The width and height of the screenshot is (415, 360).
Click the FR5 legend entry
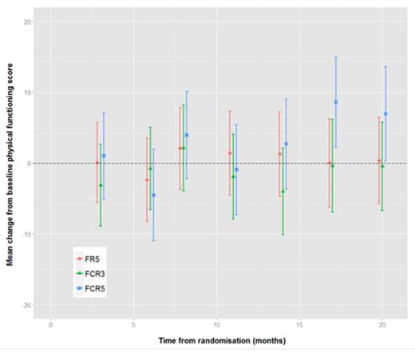[90, 259]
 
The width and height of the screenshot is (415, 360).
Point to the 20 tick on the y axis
[27, 22]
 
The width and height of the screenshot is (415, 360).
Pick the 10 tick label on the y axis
[27, 93]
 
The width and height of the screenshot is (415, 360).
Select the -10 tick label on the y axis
[26, 235]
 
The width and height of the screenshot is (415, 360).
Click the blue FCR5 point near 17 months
[336, 102]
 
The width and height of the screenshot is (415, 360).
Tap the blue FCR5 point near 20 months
[385, 113]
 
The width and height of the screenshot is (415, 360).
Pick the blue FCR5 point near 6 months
[153, 195]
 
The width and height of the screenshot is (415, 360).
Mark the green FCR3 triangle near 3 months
[101, 185]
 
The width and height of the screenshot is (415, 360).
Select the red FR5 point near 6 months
[147, 180]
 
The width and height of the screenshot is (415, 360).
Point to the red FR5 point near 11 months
[230, 153]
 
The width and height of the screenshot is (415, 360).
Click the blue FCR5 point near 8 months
[187, 135]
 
